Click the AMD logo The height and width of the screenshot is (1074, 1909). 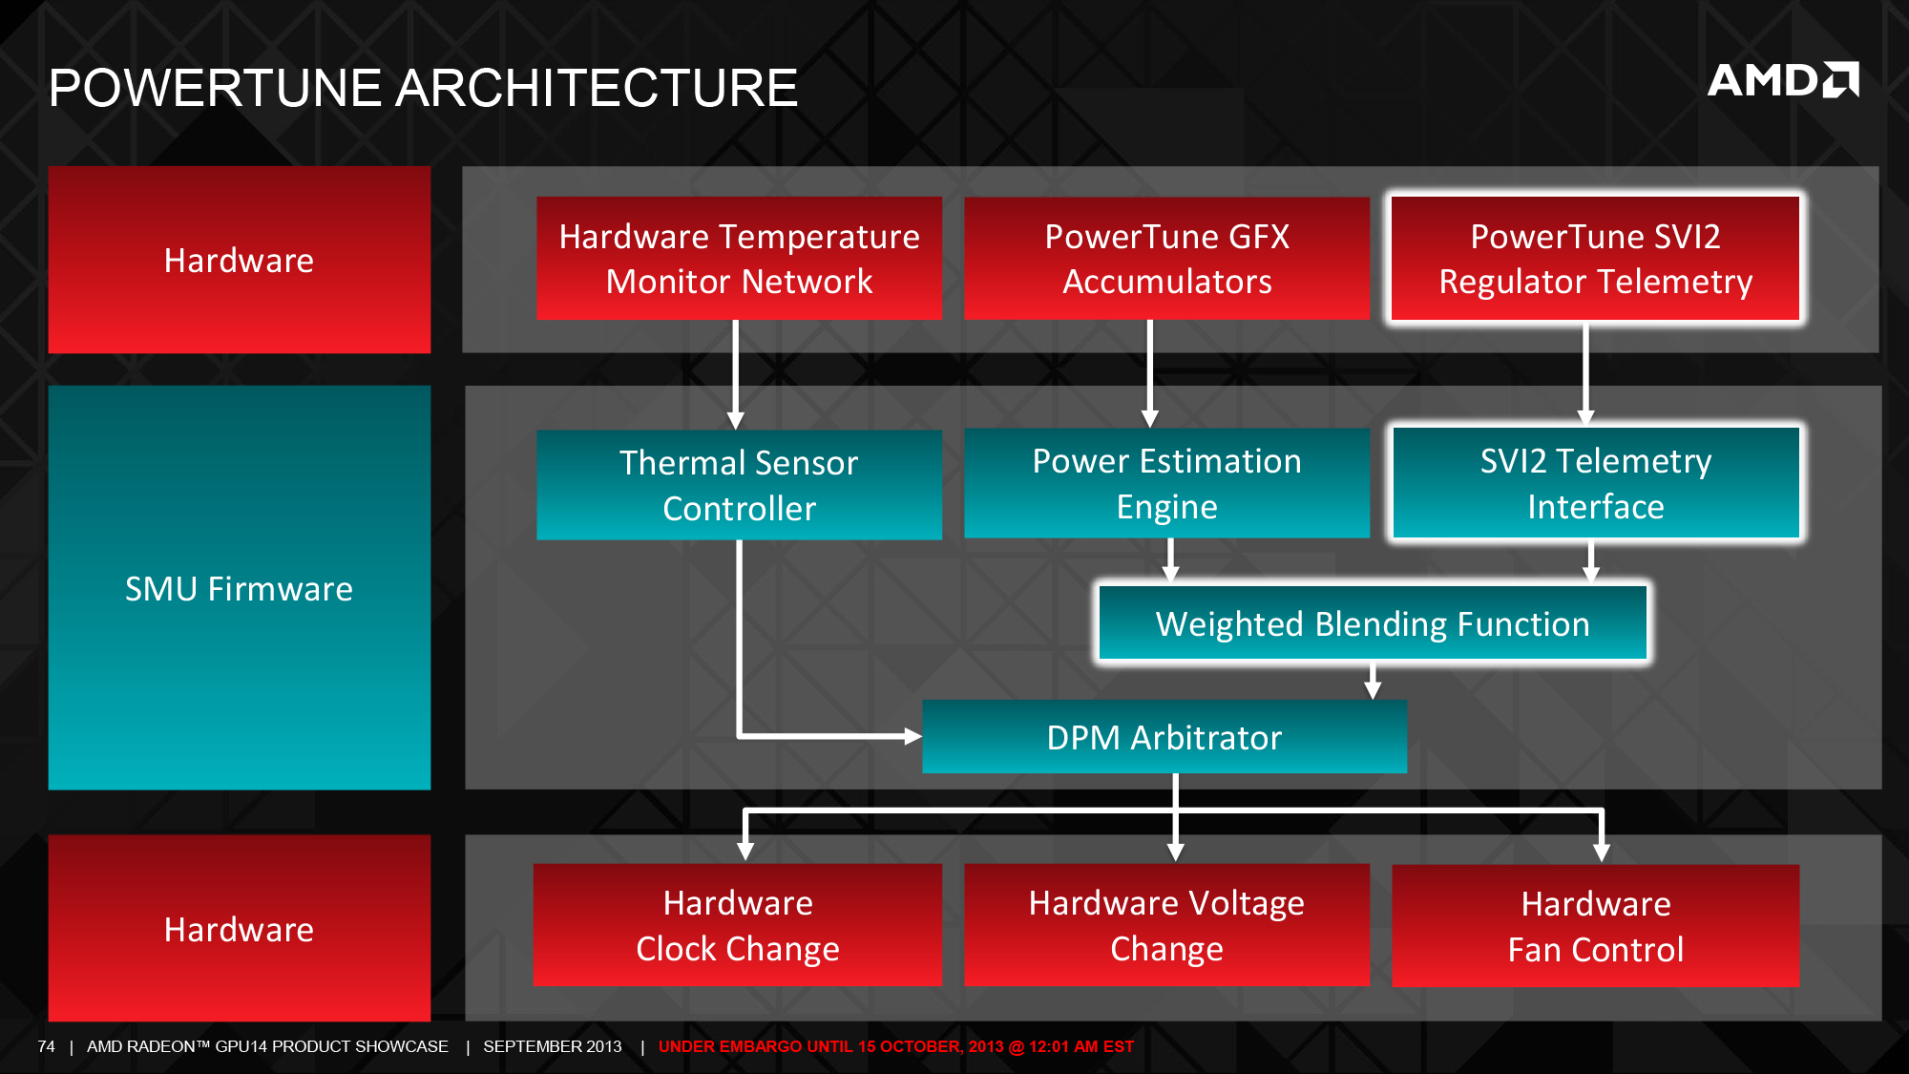1783,80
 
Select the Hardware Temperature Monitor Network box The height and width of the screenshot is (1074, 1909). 739,259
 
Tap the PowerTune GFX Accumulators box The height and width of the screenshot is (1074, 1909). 1166,259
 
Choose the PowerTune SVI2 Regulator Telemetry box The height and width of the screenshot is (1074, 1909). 1595,259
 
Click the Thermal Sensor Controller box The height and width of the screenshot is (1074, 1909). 739,485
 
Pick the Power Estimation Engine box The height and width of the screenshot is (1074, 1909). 1166,483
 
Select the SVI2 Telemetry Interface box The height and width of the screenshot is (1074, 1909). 1595,483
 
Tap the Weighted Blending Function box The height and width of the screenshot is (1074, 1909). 1373,623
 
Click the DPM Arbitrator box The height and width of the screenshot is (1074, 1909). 1164,737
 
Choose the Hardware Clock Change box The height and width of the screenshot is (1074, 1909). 738,925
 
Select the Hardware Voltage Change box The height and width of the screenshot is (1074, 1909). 1166,925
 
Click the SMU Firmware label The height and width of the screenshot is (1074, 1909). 239,589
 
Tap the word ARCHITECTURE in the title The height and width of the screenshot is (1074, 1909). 597,88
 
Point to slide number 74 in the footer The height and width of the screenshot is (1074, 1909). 46,1046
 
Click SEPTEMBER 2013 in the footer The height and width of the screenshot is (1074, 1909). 553,1046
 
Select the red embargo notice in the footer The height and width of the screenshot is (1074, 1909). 896,1046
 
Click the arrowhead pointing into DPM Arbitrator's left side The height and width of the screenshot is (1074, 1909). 913,736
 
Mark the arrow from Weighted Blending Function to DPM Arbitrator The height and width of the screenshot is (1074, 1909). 1373,680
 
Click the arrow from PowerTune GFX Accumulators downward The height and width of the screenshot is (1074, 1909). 1150,373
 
